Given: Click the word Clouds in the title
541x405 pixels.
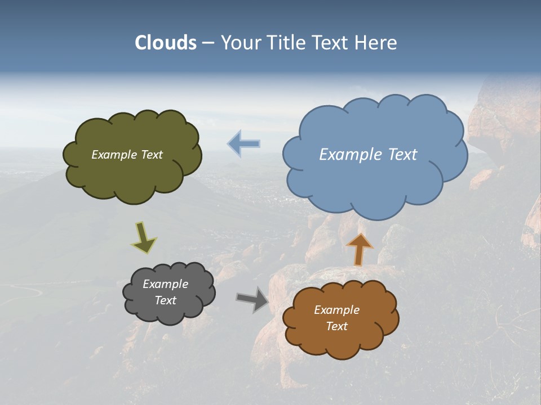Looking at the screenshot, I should point(166,43).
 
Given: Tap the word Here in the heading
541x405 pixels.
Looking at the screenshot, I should point(378,43).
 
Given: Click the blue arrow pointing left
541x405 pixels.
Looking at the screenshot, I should point(244,143).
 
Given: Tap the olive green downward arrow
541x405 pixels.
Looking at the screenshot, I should point(144,237).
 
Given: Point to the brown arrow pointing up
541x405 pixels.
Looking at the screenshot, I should point(359,249).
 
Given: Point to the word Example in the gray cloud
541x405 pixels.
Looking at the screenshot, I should point(165,284).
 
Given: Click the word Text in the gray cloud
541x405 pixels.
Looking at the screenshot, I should point(165,300).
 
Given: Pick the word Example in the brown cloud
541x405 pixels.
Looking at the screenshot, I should point(336,310).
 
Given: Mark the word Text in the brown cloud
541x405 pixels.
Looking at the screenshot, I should point(336,326).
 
